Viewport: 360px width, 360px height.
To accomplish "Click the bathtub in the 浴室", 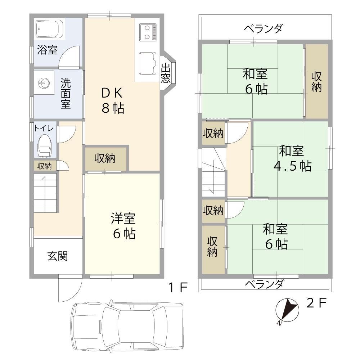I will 50,28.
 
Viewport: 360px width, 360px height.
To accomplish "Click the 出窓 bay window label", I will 165,73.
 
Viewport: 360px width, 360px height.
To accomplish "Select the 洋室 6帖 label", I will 123,226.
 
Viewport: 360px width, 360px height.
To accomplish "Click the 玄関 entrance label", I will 58,256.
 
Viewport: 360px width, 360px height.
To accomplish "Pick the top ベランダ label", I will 264,28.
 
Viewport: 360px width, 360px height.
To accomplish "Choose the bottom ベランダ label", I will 264,284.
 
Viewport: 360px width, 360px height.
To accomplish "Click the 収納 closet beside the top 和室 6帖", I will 316,81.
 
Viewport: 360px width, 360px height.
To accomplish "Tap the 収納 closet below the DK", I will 105,158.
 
